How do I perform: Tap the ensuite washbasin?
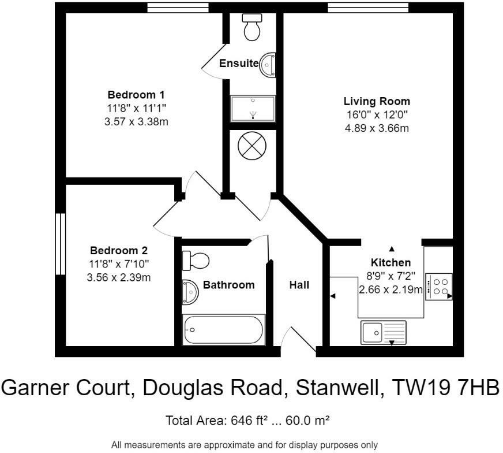coord(268,65)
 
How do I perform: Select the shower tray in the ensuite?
coord(253,109)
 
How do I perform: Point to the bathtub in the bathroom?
coord(223,330)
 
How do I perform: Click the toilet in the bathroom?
coord(194,261)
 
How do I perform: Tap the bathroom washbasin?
coord(190,292)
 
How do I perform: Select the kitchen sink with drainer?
coord(384,332)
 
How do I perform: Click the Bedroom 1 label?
coord(137,95)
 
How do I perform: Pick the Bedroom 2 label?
coord(119,251)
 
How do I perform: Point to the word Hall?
coord(299,285)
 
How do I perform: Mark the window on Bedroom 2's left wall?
coord(59,244)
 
